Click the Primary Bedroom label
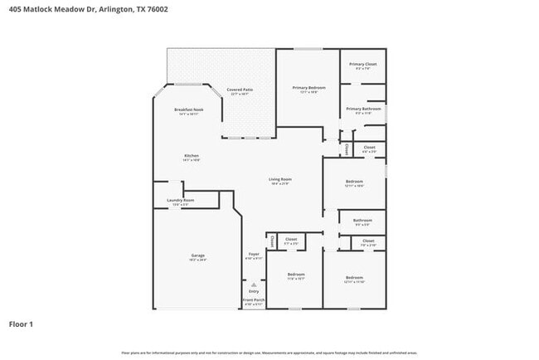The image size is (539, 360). click(x=308, y=87)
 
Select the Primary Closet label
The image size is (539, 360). click(x=362, y=64)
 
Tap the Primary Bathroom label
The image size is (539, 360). click(x=363, y=109)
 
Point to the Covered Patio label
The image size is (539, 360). click(x=240, y=89)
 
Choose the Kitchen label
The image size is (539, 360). click(x=192, y=156)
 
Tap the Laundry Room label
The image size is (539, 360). click(x=180, y=200)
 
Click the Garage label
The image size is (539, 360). click(x=198, y=255)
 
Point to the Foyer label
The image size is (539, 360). click(x=254, y=254)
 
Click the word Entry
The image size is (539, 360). click(x=254, y=291)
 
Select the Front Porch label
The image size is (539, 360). click(x=254, y=302)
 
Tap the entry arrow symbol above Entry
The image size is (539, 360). click(x=254, y=283)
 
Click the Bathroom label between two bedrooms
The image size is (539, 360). click(x=362, y=221)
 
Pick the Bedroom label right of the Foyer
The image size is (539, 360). click(x=296, y=275)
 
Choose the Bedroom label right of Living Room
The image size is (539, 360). click(x=354, y=182)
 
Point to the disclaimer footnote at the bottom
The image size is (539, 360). click(x=269, y=353)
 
